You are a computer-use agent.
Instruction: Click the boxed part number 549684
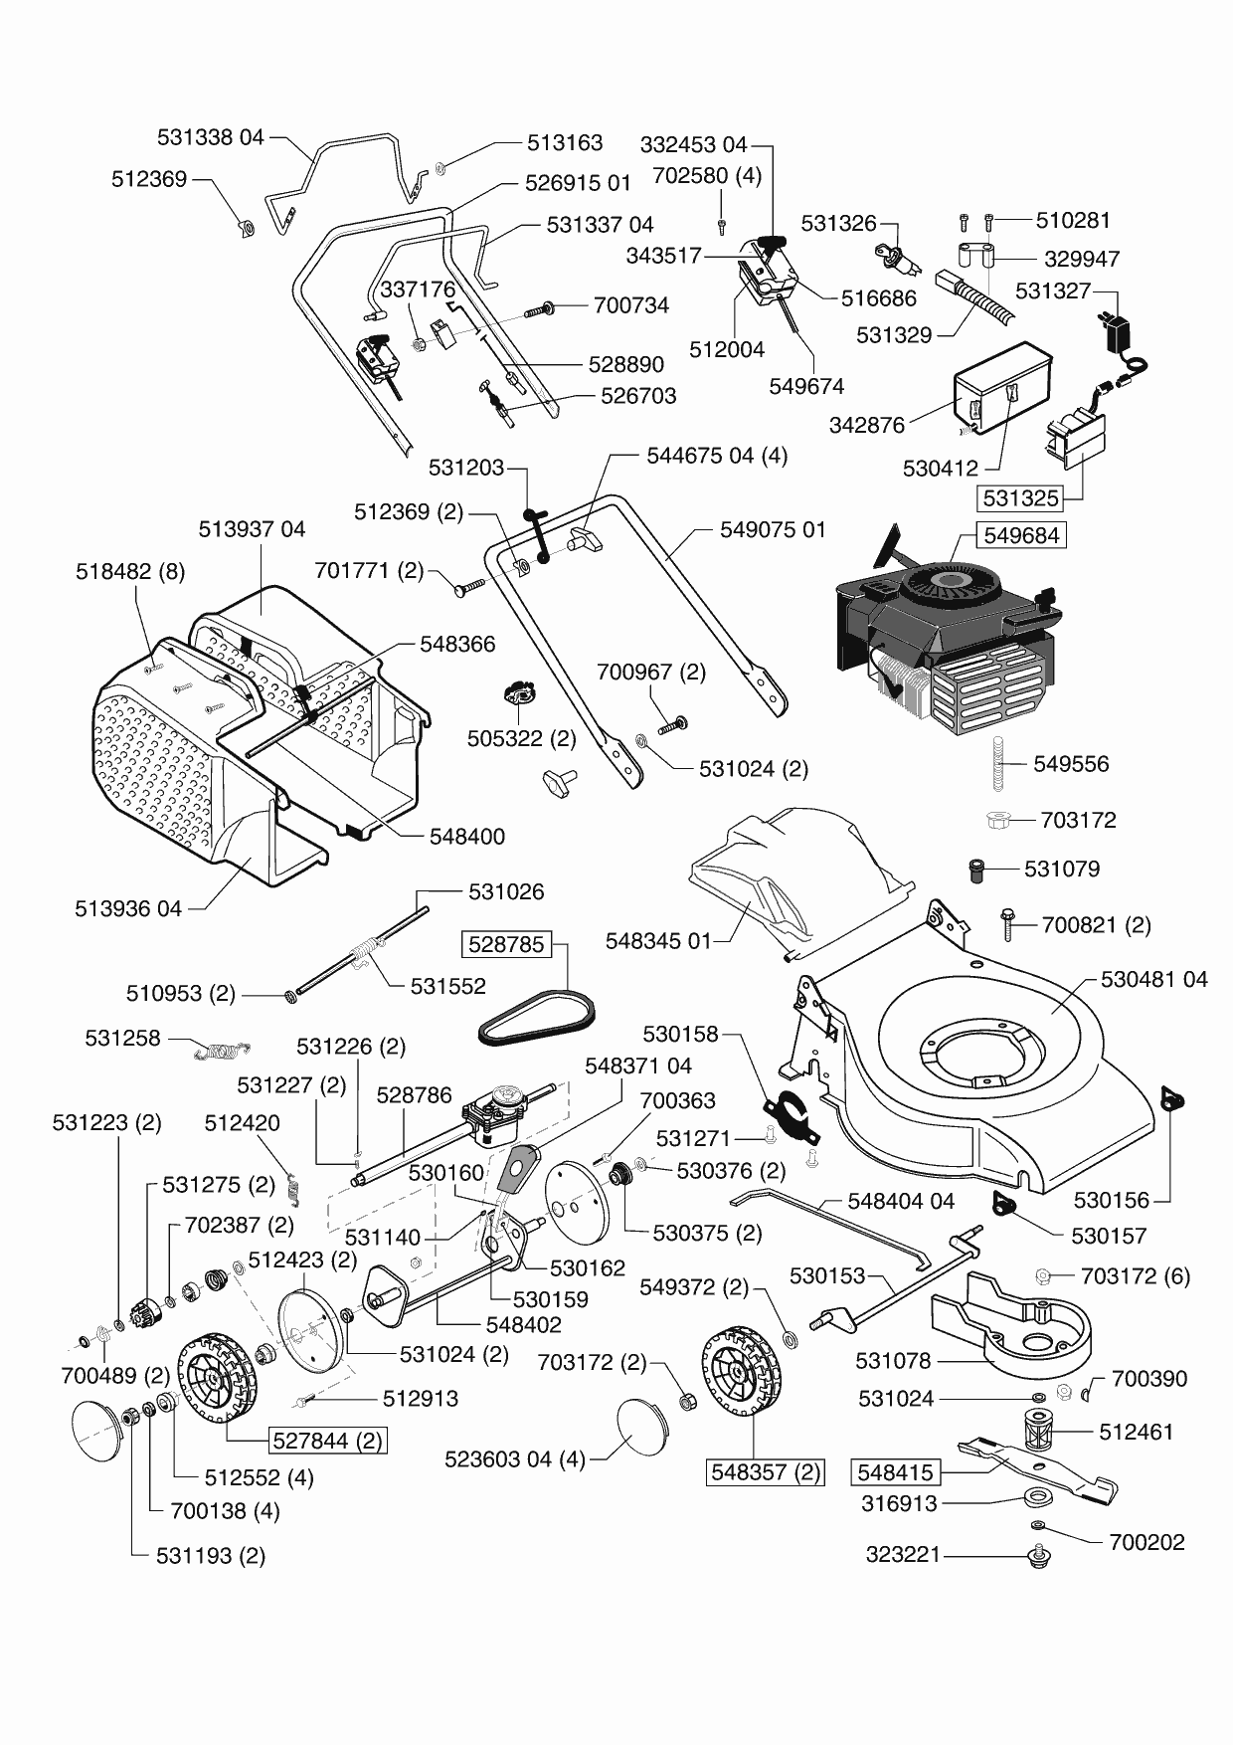(1021, 535)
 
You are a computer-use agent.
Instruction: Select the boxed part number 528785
(506, 944)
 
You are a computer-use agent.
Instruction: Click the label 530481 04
(1153, 979)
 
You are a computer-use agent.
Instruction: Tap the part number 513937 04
(252, 529)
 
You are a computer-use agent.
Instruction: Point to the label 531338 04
(211, 137)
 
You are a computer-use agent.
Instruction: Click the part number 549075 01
(773, 529)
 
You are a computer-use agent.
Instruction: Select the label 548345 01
(658, 941)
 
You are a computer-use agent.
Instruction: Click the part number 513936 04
(128, 908)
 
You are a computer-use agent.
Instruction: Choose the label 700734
(630, 305)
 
